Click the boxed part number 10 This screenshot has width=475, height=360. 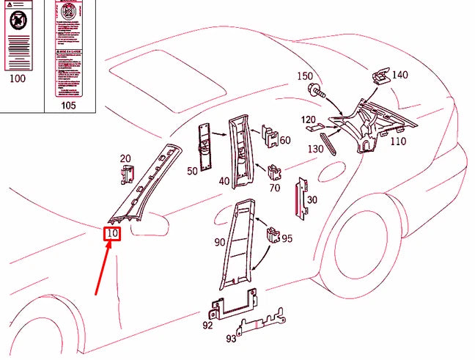(x=112, y=234)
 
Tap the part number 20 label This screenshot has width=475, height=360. (x=125, y=158)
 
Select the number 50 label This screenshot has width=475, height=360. (x=192, y=171)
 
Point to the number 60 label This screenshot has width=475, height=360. (x=284, y=140)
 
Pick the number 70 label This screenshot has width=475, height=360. (x=275, y=188)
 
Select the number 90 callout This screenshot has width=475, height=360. (x=220, y=243)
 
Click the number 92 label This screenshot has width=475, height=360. (x=207, y=325)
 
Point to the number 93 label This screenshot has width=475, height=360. (x=232, y=338)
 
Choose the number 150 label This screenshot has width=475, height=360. (x=304, y=76)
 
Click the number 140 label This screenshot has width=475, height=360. (x=399, y=75)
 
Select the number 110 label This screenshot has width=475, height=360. (x=398, y=142)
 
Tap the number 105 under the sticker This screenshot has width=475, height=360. (x=68, y=105)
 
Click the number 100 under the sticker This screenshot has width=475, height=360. (x=17, y=78)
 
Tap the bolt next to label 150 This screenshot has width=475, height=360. (x=316, y=91)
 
